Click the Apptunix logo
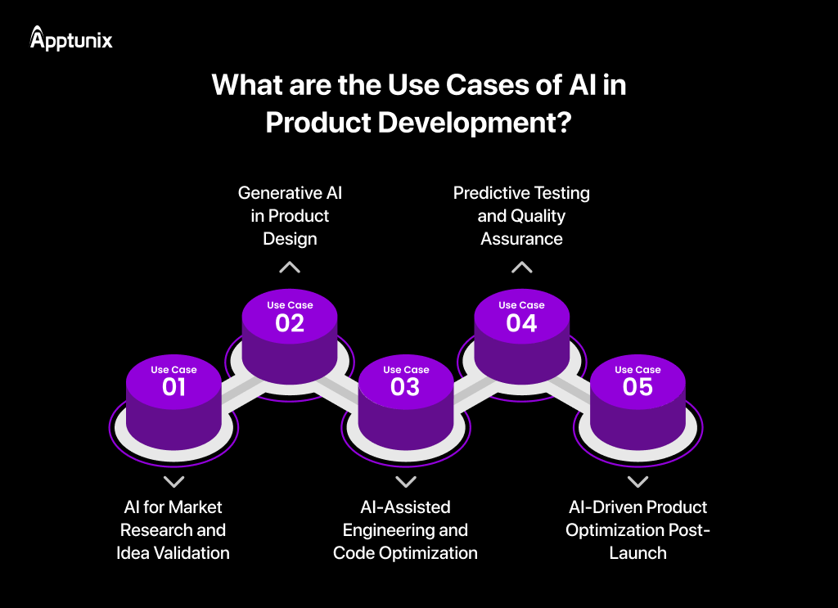coord(71,38)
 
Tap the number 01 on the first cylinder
coord(173,387)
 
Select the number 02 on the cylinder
coord(290,322)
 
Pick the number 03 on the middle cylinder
coord(406,387)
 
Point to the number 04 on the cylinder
coord(521,322)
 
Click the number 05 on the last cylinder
coord(638,387)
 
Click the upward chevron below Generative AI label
coord(290,267)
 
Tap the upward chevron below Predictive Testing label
coord(521,267)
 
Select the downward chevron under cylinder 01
coord(173,482)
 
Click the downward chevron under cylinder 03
coord(406,482)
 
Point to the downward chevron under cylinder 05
coord(638,482)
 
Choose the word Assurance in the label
coord(521,239)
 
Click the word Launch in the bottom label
coord(638,553)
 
